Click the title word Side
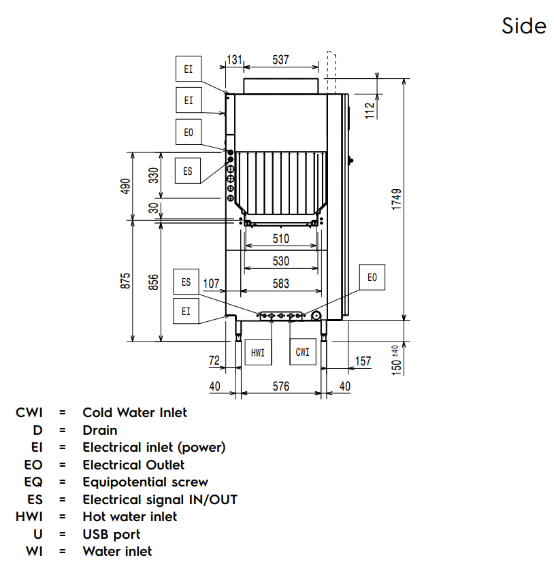[523, 26]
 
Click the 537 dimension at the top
[280, 60]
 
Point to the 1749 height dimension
[397, 200]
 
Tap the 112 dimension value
[370, 110]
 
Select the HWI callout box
[258, 352]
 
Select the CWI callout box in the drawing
[303, 352]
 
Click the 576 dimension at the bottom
[280, 386]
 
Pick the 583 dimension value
[280, 284]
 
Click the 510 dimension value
[280, 239]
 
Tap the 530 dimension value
[280, 261]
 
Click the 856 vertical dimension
[154, 281]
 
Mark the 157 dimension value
[363, 361]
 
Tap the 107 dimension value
[212, 284]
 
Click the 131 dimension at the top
[234, 60]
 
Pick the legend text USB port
[112, 534]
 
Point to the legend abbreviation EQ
[33, 482]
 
